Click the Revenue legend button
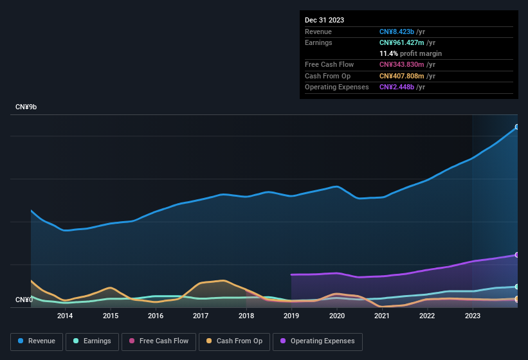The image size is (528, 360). coord(37,341)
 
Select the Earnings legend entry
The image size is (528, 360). coord(92,341)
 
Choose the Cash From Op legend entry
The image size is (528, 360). coord(234,341)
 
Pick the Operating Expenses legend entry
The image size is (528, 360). coord(318,341)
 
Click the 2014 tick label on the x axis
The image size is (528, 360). coord(64,316)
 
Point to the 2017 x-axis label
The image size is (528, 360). coord(201,316)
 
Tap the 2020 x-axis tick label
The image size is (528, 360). coord(336,316)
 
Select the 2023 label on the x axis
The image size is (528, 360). coord(472,316)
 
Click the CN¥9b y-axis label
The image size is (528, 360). coord(26,107)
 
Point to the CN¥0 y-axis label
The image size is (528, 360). coord(24,300)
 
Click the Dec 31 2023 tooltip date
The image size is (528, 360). coord(324,20)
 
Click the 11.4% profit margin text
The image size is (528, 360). coord(410,53)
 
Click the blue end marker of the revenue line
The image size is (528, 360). coord(516,127)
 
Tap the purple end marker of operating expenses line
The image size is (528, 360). coord(516,255)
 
